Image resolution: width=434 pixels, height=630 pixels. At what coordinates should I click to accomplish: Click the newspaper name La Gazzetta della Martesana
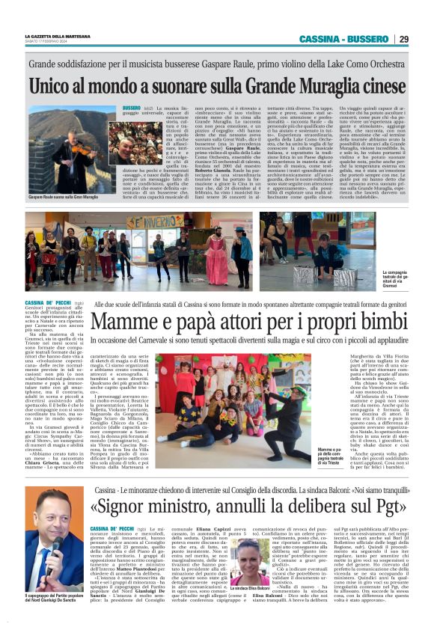click(x=56, y=37)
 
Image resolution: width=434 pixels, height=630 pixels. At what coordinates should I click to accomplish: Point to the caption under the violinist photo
click(x=63, y=196)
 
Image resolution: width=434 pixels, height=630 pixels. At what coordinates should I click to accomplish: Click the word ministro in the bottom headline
click(x=186, y=507)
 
